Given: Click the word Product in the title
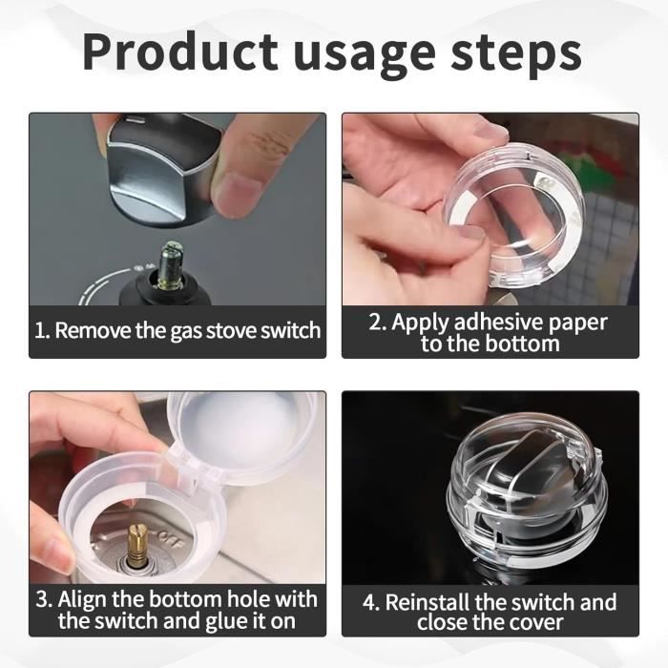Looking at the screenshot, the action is point(179,52).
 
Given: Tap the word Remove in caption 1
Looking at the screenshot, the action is point(93,330).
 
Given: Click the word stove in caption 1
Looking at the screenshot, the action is point(231,330).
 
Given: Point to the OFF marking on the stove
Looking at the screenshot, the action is point(170,540).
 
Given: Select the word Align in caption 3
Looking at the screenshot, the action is point(82,599).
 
